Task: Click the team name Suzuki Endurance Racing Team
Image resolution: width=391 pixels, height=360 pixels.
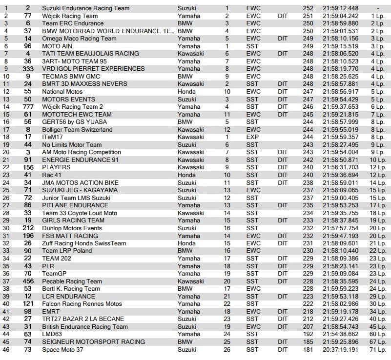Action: tap(85, 8)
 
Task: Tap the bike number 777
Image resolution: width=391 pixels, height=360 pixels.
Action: tap(28, 107)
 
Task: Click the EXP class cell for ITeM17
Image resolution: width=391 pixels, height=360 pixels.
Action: tap(253, 137)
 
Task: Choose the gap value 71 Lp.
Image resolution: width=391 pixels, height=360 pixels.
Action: tap(378, 349)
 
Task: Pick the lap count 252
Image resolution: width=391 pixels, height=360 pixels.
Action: tap(308, 8)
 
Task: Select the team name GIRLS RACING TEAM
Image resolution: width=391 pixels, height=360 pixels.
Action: tap(73, 220)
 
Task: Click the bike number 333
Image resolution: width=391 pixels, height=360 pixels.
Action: tap(28, 69)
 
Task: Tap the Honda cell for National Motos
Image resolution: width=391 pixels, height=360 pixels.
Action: tap(187, 92)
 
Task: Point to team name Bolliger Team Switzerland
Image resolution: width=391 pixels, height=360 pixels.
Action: tap(77, 130)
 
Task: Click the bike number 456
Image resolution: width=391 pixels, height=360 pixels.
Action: tap(28, 281)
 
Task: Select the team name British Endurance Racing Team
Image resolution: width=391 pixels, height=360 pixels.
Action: tap(85, 327)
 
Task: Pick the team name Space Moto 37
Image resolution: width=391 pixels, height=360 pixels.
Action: tap(64, 349)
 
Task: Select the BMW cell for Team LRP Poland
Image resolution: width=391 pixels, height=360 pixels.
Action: tap(185, 251)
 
